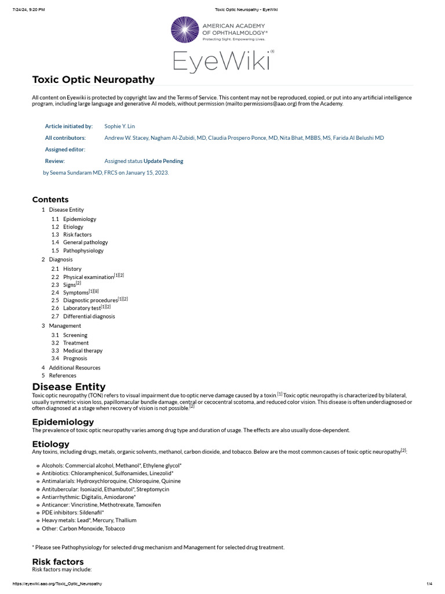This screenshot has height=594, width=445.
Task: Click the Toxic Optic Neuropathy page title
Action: pyautogui.click(x=93, y=79)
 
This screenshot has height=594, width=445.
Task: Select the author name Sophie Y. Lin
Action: pyautogui.click(x=119, y=126)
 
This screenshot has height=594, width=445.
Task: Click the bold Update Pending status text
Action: pyautogui.click(x=163, y=161)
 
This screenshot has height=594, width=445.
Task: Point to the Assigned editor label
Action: pyautogui.click(x=65, y=149)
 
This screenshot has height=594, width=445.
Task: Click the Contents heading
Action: pyautogui.click(x=50, y=200)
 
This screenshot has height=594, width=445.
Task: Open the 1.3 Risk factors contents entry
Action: pyautogui.click(x=77, y=234)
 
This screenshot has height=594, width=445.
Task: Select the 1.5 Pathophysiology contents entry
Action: pyautogui.click(x=83, y=251)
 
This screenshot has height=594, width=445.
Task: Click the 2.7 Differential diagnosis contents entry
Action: pyautogui.click(x=89, y=316)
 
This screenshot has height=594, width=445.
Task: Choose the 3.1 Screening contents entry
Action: pyautogui.click(x=75, y=335)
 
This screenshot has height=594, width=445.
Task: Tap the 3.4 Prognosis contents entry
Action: pyautogui.click(x=75, y=358)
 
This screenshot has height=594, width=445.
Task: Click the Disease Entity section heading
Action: pyautogui.click(x=69, y=386)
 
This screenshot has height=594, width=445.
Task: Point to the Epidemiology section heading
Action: pyautogui.click(x=63, y=422)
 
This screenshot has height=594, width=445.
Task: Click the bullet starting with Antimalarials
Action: pyautogui.click(x=111, y=481)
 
